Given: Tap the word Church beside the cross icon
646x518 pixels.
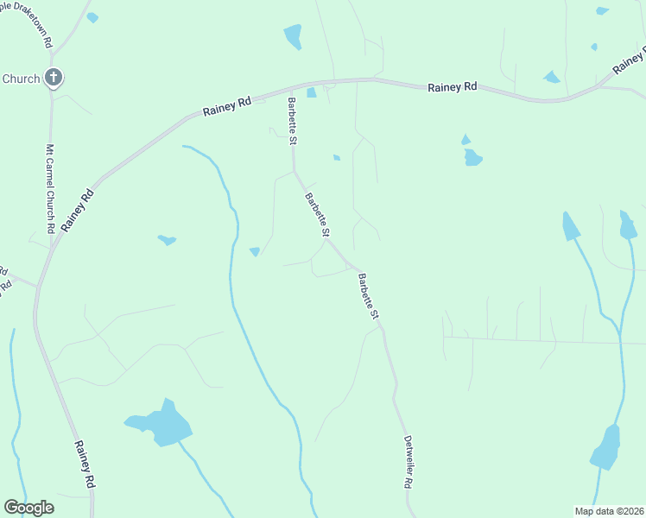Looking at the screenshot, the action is (x=21, y=79).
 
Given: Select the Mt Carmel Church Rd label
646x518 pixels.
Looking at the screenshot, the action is (x=51, y=188).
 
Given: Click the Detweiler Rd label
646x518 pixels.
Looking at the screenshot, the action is (x=407, y=462).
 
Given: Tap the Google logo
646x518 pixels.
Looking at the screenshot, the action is (x=28, y=508).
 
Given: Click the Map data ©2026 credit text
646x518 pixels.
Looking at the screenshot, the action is (x=610, y=510).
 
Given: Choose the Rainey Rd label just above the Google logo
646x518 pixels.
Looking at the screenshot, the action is (x=84, y=466).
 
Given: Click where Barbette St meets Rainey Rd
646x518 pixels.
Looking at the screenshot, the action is (x=291, y=87).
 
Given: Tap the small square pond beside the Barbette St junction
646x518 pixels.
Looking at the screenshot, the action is (x=311, y=92).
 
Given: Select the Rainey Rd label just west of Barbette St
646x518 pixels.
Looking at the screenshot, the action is (x=227, y=106).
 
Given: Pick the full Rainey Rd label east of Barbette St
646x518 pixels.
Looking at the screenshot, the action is (x=453, y=87).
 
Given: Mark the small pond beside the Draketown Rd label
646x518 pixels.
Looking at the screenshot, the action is (x=92, y=17).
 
